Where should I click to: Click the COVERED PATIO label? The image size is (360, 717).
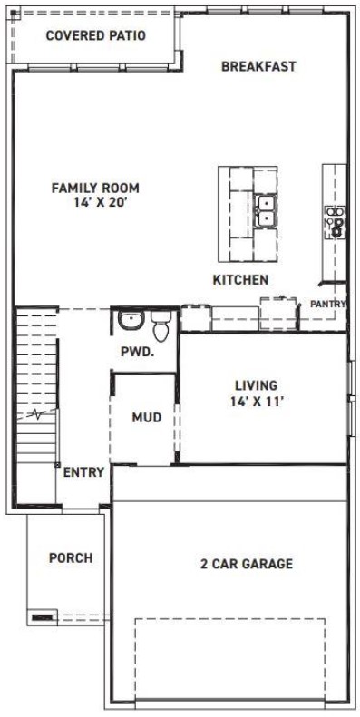click(95, 35)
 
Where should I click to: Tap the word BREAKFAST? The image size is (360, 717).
click(258, 66)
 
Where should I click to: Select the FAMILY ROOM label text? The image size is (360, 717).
click(95, 188)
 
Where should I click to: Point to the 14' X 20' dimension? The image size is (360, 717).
click(100, 202)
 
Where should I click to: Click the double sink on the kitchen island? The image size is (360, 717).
click(266, 211)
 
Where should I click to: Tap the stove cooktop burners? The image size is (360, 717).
click(336, 222)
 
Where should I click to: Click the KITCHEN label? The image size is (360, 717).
click(240, 280)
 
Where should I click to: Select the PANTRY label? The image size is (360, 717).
click(327, 304)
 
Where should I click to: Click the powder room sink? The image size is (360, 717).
click(131, 320)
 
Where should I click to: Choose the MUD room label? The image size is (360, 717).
click(146, 417)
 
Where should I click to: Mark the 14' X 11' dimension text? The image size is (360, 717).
click(258, 401)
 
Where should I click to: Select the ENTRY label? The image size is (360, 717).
click(83, 472)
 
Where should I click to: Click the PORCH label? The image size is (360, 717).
click(71, 557)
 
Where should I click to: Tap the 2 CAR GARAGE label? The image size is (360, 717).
click(247, 564)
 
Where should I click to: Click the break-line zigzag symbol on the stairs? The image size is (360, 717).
click(38, 415)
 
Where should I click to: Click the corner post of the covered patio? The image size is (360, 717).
click(13, 13)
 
